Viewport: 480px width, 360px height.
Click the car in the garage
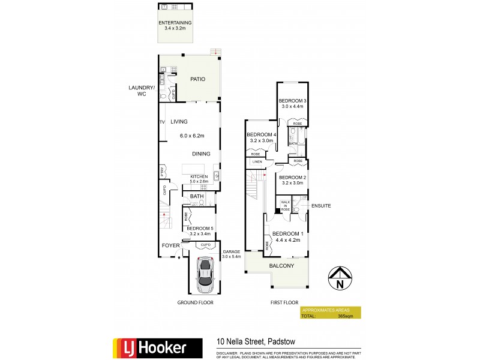click(x=206, y=271)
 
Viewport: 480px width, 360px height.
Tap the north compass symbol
click(x=340, y=278)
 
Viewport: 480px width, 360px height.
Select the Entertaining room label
click(x=175, y=25)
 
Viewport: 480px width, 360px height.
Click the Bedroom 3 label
click(x=293, y=103)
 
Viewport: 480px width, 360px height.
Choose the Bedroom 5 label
click(x=200, y=231)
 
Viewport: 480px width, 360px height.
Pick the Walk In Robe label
click(x=285, y=205)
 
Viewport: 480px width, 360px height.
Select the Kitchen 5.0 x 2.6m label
click(x=199, y=179)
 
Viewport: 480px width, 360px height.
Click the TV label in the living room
click(x=162, y=122)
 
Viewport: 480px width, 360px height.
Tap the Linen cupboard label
click(x=257, y=162)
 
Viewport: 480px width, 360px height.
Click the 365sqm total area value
click(x=345, y=316)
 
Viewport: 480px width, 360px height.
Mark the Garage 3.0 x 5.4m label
click(x=232, y=254)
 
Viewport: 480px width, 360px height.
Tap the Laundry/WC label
click(x=142, y=91)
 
